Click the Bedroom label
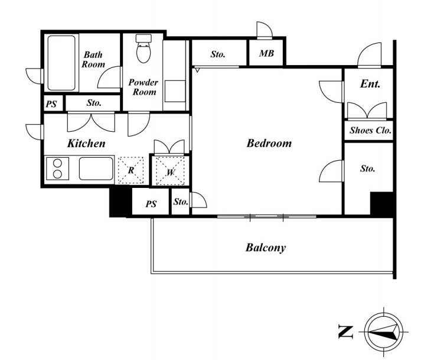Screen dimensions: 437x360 pos(269,143)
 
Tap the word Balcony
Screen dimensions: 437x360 pos(266,248)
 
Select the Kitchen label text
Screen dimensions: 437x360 pos(86,144)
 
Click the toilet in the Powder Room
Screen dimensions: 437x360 pos(144,48)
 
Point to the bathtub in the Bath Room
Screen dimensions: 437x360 pos(61,63)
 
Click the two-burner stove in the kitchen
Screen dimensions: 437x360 pos(57,168)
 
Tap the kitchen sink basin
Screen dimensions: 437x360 pos(96,168)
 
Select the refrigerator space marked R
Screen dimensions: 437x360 pos(131,170)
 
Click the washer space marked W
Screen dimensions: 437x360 pos(170,171)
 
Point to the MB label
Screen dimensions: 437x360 pos(266,53)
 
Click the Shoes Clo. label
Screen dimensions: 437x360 pos(370,130)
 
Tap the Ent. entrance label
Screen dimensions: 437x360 pos(370,84)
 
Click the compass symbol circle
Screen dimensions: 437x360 pos(384,332)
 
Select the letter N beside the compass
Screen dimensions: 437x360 pos(345,332)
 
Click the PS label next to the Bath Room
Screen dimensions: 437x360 pos(51,104)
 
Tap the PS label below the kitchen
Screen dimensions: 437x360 pos(151,204)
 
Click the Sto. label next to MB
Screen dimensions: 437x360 pos(218,54)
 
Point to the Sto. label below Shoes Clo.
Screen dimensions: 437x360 pos(367,168)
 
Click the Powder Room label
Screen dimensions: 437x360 pos(144,87)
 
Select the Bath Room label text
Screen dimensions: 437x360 pos(93,60)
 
